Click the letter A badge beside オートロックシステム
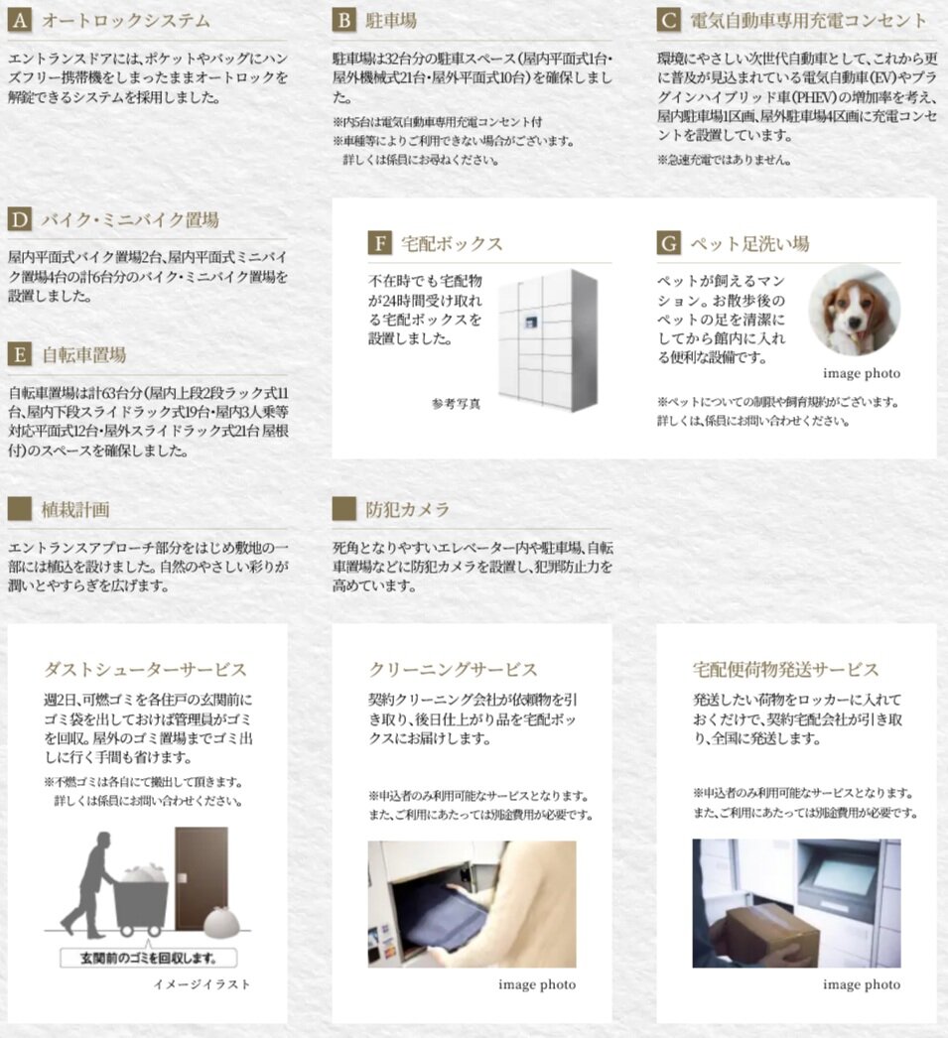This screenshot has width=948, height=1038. point(20,20)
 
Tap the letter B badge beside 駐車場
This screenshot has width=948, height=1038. point(344,20)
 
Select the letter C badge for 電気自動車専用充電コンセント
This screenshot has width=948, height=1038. point(669,20)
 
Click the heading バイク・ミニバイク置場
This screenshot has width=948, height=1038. point(129,219)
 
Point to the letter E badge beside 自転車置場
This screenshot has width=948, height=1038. point(20,354)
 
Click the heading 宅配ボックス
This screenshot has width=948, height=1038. point(452,243)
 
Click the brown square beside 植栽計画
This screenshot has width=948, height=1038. point(20,509)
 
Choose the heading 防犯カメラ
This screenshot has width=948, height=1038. point(407,509)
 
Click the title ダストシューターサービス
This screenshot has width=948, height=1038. point(146,670)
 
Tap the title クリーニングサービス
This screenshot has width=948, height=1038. point(453,670)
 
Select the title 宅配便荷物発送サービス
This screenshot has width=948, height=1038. point(786,670)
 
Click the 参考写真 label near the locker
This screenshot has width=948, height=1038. point(456,404)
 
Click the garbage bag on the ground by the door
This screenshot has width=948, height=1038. point(221,923)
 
